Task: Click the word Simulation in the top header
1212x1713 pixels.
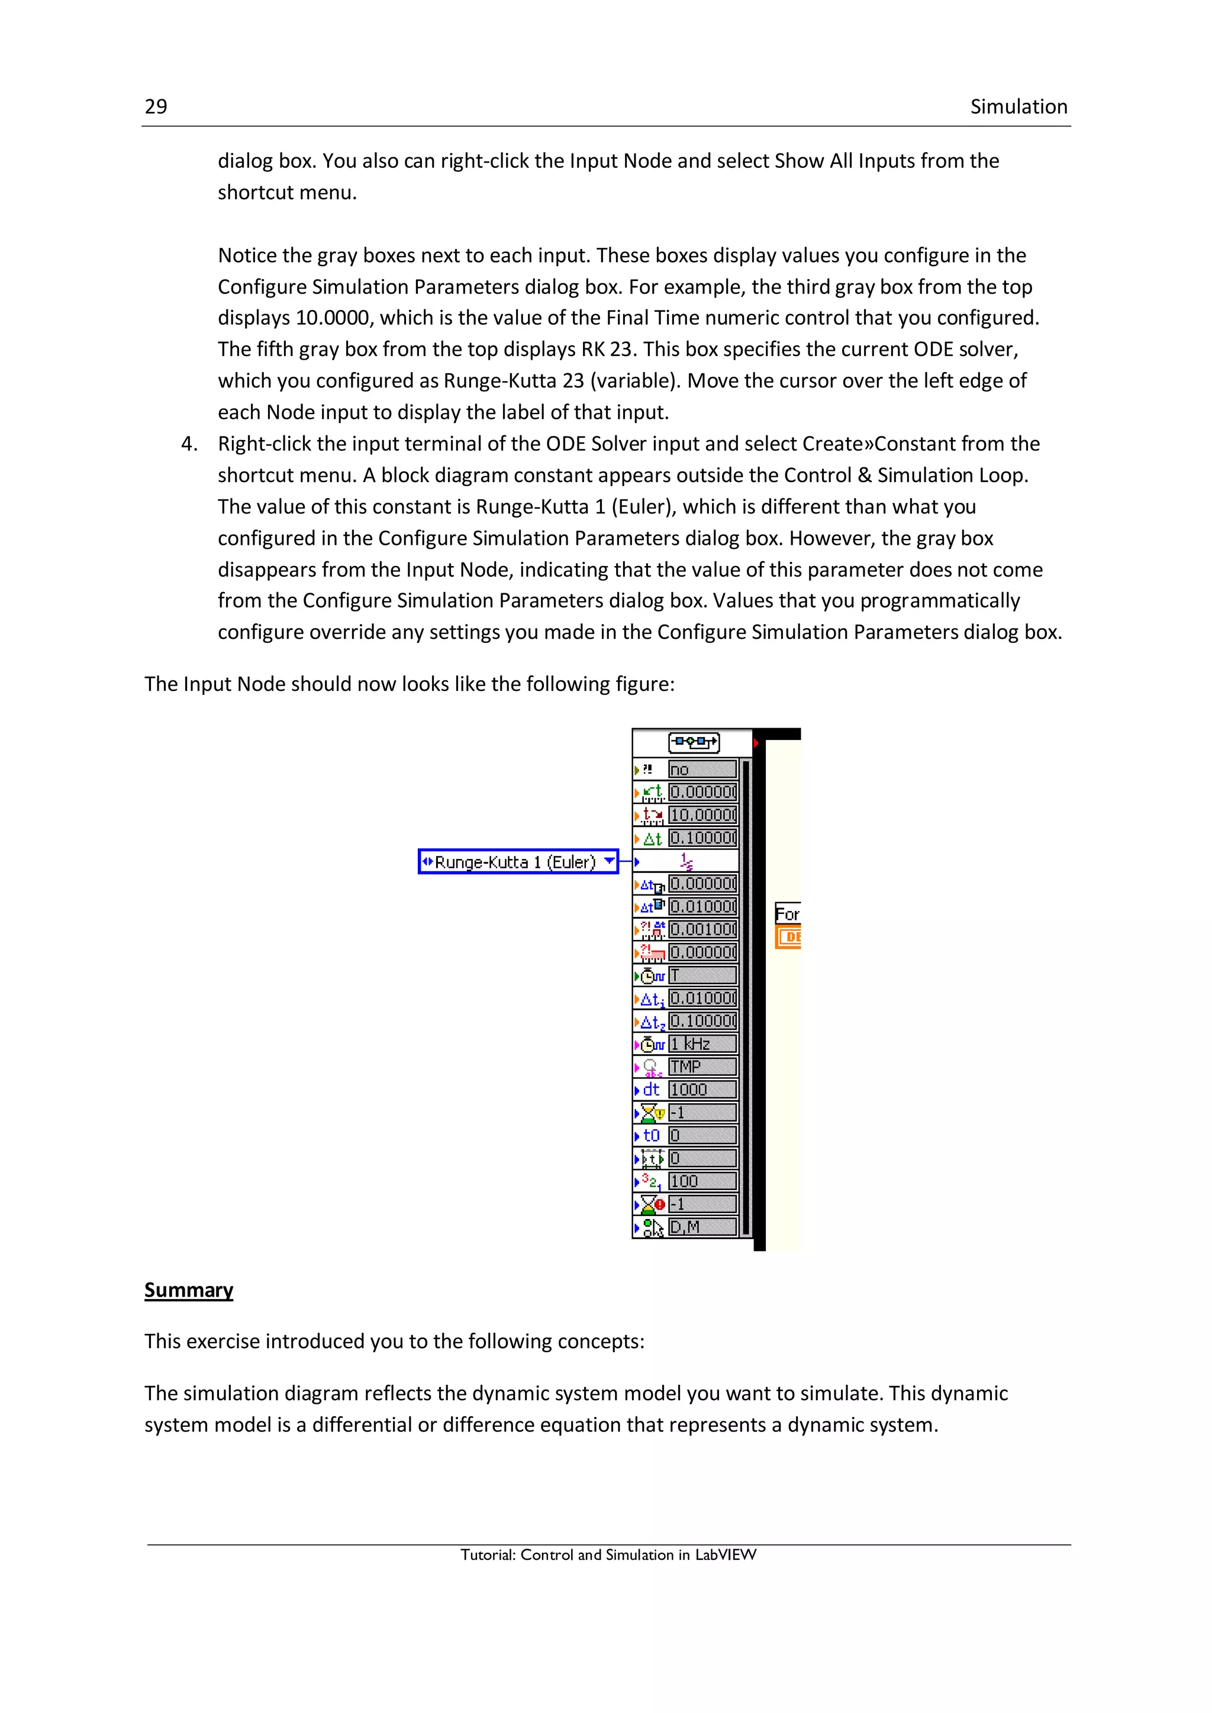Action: (1018, 106)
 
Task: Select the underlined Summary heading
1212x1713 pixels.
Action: (188, 1290)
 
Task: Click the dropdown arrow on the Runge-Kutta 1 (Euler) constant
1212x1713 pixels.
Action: (610, 861)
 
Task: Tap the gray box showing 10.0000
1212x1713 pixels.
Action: (702, 815)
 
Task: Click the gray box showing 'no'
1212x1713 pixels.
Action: (702, 769)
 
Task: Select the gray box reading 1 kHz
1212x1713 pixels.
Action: (702, 1044)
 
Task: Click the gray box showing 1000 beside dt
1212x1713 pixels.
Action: (702, 1090)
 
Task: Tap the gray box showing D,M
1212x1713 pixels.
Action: (702, 1227)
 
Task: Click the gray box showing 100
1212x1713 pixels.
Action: (702, 1181)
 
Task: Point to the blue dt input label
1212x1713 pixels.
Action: (651, 1090)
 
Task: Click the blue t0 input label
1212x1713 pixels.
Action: (651, 1136)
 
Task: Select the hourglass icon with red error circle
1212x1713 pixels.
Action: (652, 1204)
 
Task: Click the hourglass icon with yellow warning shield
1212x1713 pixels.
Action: (652, 1113)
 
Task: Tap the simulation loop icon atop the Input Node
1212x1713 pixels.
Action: (694, 742)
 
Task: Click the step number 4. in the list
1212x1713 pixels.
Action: (189, 444)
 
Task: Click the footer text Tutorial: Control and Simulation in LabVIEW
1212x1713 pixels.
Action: (608, 1554)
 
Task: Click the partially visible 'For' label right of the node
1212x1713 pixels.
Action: (786, 914)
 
